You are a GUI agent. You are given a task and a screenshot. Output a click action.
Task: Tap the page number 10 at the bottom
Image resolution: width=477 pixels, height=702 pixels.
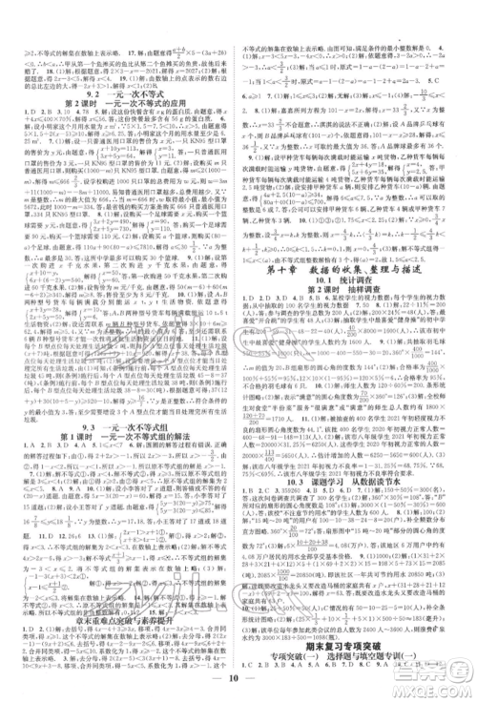[238, 684]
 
